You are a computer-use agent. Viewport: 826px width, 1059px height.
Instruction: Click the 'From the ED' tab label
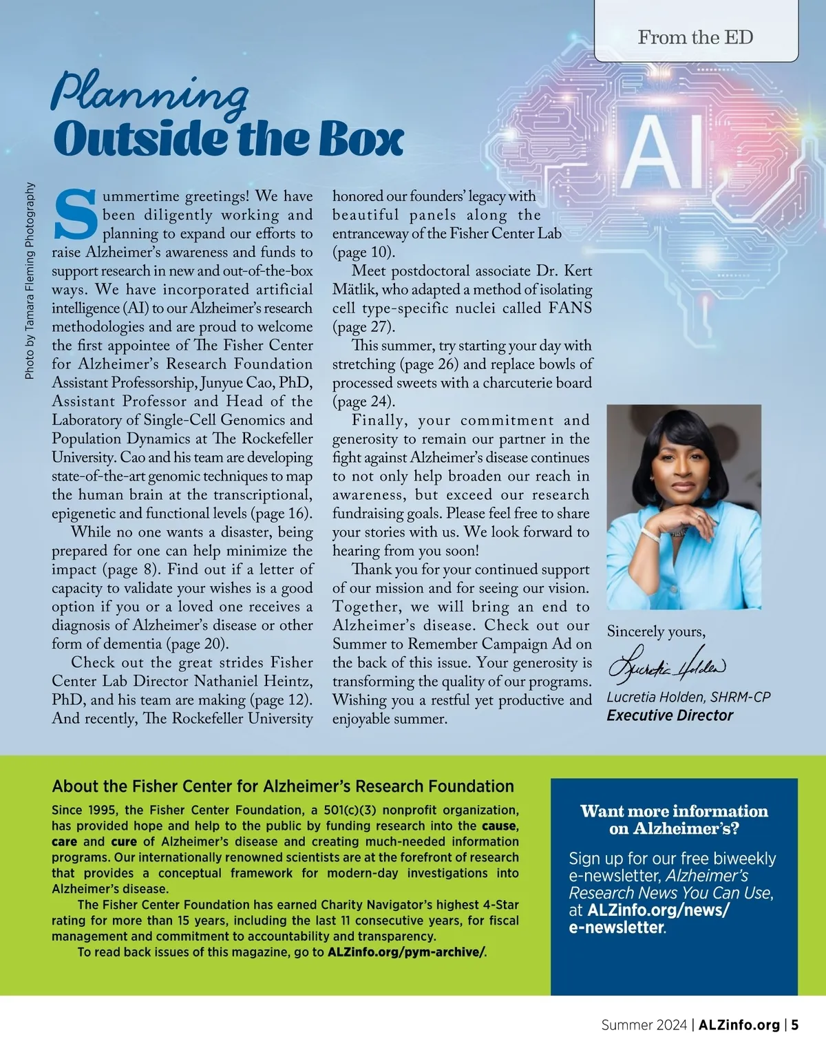pyautogui.click(x=695, y=37)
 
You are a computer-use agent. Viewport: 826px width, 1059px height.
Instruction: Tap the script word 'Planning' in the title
pyautogui.click(x=150, y=93)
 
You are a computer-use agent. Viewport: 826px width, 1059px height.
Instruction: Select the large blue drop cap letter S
pyautogui.click(x=75, y=213)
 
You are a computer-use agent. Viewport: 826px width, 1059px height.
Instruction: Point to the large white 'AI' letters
pyautogui.click(x=664, y=153)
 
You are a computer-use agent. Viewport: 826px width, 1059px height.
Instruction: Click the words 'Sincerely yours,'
pyautogui.click(x=656, y=631)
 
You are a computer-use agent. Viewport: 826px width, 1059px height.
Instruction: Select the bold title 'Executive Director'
pyautogui.click(x=670, y=715)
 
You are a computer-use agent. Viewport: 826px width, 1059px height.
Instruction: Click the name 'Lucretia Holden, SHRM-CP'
pyautogui.click(x=688, y=697)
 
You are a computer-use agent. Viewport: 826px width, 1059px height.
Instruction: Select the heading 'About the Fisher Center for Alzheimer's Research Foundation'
pyautogui.click(x=283, y=786)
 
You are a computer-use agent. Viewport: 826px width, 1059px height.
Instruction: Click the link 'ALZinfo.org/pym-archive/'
pyautogui.click(x=406, y=952)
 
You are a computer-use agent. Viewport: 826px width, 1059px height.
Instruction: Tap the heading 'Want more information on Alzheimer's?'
pyautogui.click(x=674, y=819)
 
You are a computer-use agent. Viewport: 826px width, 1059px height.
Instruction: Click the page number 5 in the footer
pyautogui.click(x=795, y=1025)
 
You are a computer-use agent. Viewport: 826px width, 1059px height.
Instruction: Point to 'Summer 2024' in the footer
pyautogui.click(x=644, y=1025)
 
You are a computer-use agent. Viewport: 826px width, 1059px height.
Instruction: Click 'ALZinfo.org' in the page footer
pyautogui.click(x=739, y=1025)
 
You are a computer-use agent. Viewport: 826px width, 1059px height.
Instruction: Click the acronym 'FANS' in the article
pyautogui.click(x=570, y=308)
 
